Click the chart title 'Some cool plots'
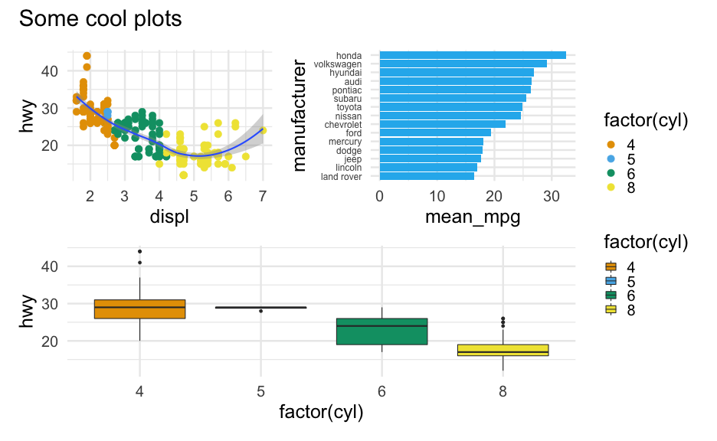(100, 19)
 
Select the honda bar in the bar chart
(473, 55)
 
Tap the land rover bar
(427, 176)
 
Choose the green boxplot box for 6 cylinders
(381, 332)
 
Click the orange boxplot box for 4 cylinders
(139, 309)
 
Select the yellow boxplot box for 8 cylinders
(503, 350)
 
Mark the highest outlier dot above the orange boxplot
(139, 251)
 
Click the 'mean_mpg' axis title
(472, 217)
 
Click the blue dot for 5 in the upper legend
(611, 158)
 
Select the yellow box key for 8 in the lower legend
(611, 310)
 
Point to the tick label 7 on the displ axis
(263, 196)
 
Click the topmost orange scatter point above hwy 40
(87, 56)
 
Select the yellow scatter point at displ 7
(263, 131)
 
